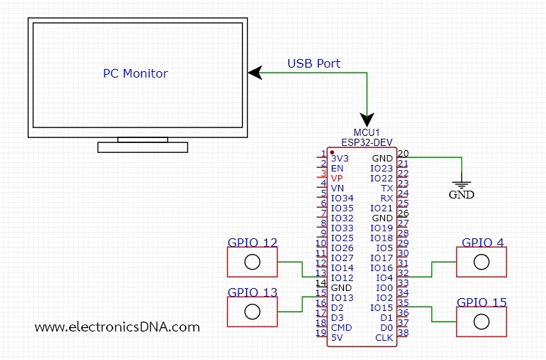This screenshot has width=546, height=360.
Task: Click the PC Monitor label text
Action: pos(135,73)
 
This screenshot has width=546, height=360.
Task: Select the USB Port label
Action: pos(313,63)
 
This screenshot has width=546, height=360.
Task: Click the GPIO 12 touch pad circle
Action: pos(251,262)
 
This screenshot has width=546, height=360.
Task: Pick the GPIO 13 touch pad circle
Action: pos(251,312)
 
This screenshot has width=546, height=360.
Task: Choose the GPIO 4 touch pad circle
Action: pos(482,262)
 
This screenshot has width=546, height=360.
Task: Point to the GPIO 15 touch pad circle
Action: pos(482,322)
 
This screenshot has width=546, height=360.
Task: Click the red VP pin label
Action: pos(337,178)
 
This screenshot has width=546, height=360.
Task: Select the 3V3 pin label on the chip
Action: pos(340,158)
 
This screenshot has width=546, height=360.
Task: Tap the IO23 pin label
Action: pos(382,168)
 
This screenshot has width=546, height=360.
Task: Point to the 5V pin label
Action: pos(337,337)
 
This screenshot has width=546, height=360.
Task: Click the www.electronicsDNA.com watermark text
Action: pos(117,327)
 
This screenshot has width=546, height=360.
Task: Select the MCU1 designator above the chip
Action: pos(367,132)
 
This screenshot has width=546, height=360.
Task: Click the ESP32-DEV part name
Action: pos(367,142)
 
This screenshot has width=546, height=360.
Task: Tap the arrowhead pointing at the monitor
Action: pos(253,73)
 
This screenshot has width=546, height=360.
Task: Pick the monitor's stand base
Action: pos(142,147)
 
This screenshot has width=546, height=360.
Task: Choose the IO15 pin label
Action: pos(382,307)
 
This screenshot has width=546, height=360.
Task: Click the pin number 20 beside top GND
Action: pos(403,153)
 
